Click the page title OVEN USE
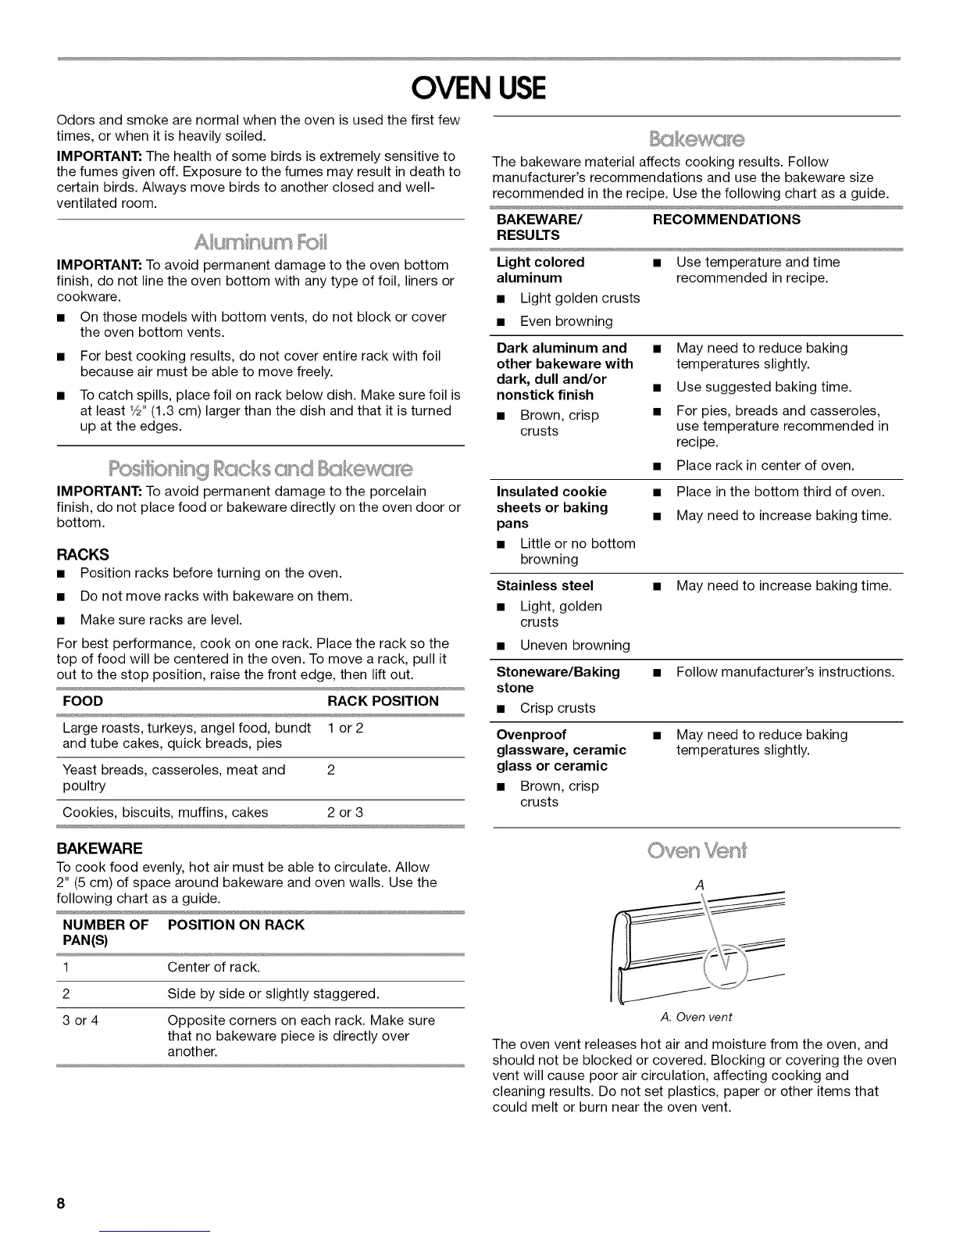pyautogui.click(x=478, y=88)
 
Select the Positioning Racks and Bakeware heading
pyautogui.click(x=261, y=469)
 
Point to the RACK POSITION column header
pyautogui.click(x=383, y=701)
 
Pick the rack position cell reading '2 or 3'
pyautogui.click(x=345, y=812)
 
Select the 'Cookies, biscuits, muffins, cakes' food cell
pyautogui.click(x=166, y=812)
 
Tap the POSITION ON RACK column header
pyautogui.click(x=236, y=925)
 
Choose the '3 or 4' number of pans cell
pyautogui.click(x=80, y=1020)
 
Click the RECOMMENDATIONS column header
pyautogui.click(x=726, y=220)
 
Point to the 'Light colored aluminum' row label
pyautogui.click(x=540, y=270)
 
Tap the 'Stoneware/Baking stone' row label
pyautogui.click(x=558, y=679)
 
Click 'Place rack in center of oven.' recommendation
pyautogui.click(x=765, y=465)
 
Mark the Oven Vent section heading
pyautogui.click(x=696, y=850)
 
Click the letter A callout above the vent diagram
pyautogui.click(x=699, y=884)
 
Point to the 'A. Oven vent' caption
pyautogui.click(x=696, y=1017)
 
